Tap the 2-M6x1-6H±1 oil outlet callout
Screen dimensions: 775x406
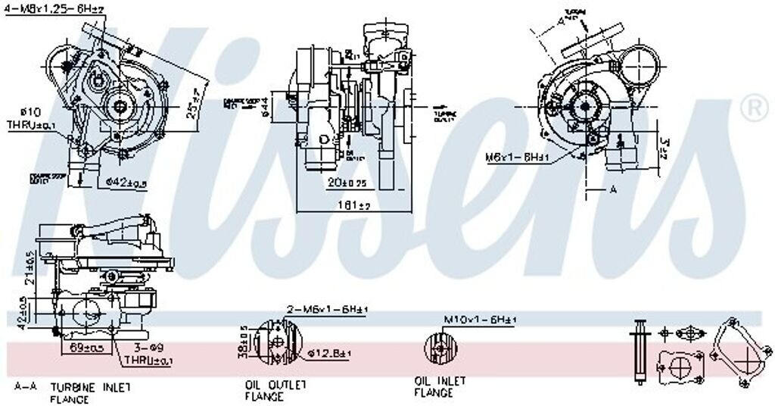click(x=326, y=310)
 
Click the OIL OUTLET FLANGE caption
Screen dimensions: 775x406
click(x=275, y=390)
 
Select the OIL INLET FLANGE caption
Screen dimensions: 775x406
click(x=440, y=386)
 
